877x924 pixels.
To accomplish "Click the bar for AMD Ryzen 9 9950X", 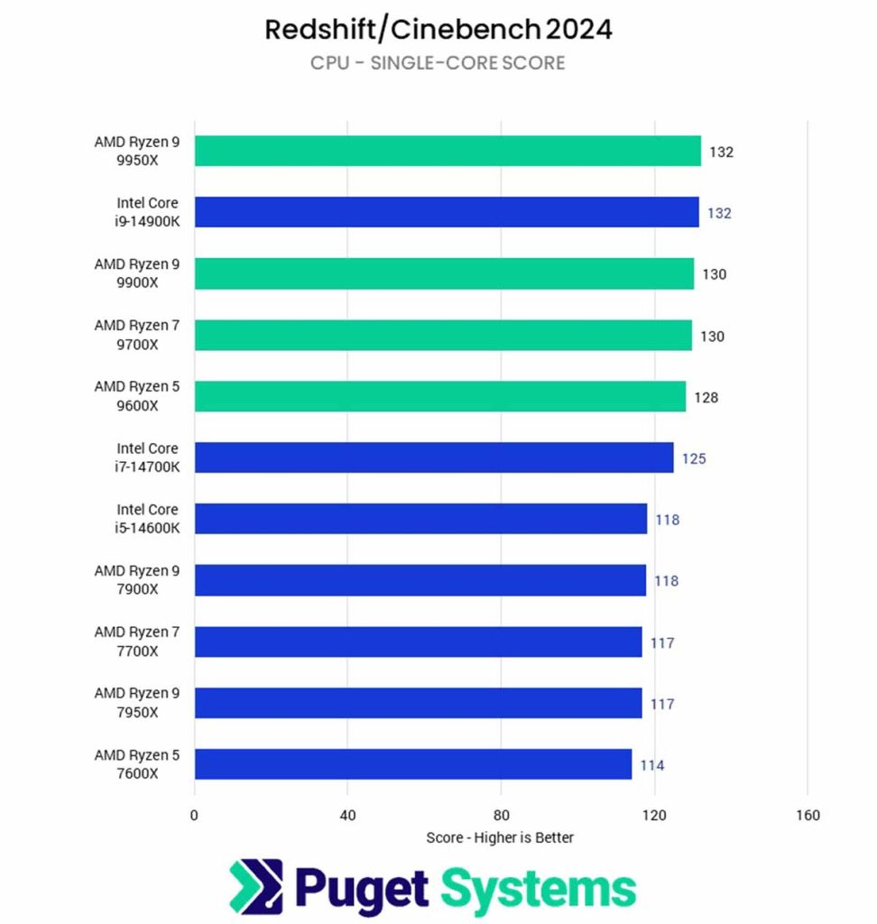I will coord(448,151).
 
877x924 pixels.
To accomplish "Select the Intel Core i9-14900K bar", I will coord(447,212).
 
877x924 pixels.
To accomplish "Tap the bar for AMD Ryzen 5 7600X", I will coord(413,763).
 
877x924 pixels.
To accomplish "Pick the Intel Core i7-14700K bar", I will coord(434,457).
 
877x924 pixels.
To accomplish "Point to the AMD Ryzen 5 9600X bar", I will coord(440,396).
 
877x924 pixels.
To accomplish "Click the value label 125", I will coord(694,458).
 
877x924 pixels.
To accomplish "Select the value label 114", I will coord(652,765).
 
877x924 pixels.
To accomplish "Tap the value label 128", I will coord(706,397).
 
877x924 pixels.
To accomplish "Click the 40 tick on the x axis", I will coord(348,816).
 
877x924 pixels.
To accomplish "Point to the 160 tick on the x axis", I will coord(808,816).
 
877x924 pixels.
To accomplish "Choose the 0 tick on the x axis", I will coord(194,816).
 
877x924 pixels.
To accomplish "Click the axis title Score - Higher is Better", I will coord(500,837).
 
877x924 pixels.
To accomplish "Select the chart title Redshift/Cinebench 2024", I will coord(438,30).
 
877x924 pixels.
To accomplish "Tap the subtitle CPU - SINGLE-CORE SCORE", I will coord(438,63).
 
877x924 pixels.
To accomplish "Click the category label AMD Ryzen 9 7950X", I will coord(137,702).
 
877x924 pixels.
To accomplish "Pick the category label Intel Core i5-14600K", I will coord(147,518).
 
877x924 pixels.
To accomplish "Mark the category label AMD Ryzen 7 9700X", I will coord(137,334).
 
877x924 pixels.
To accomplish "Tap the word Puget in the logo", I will coord(361,890).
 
